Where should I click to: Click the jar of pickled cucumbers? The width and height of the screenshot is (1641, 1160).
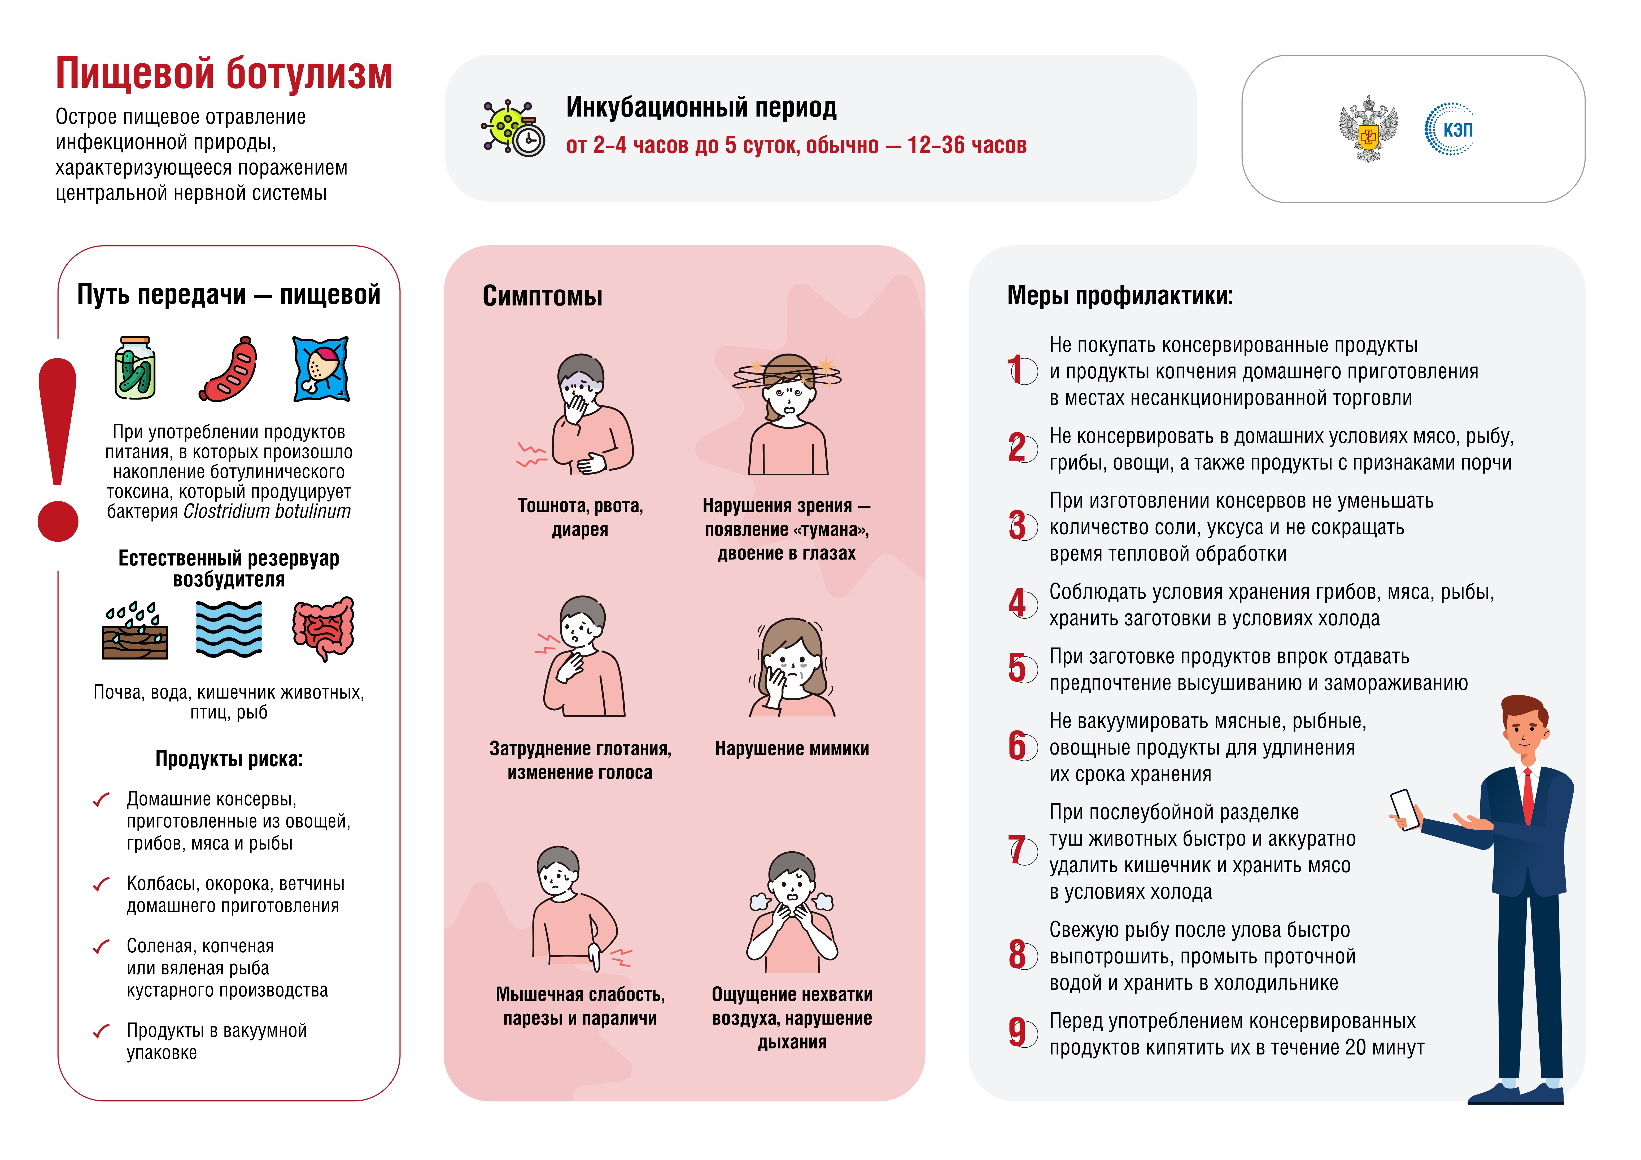pyautogui.click(x=135, y=368)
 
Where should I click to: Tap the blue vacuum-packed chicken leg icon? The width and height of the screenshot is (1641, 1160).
pyautogui.click(x=321, y=369)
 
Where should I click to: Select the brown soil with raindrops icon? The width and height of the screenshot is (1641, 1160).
pyautogui.click(x=135, y=631)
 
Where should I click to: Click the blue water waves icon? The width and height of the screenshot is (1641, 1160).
pyautogui.click(x=229, y=629)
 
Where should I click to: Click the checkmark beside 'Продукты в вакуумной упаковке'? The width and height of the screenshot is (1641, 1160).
pyautogui.click(x=102, y=1031)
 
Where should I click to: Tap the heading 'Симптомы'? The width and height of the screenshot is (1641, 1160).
pyautogui.click(x=543, y=296)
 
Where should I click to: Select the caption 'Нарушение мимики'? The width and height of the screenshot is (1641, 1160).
pyautogui.click(x=792, y=748)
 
